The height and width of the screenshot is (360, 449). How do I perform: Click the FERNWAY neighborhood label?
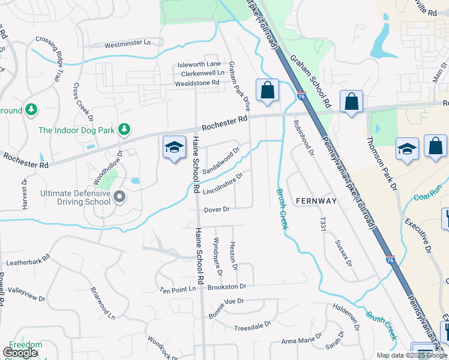(316, 201)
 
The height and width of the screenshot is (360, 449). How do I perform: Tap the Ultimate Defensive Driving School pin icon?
(119, 196)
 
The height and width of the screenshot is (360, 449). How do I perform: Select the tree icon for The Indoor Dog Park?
(124, 129)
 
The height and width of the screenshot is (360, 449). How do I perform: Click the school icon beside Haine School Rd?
(173, 149)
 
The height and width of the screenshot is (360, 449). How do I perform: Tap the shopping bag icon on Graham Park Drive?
(267, 91)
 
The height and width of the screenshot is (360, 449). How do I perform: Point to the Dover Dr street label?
(217, 209)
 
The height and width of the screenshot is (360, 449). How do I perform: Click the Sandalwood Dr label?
(220, 160)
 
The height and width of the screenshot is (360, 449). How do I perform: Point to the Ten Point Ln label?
(178, 289)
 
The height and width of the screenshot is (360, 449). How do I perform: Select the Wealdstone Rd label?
(189, 83)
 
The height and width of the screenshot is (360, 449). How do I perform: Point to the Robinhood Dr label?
(304, 137)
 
